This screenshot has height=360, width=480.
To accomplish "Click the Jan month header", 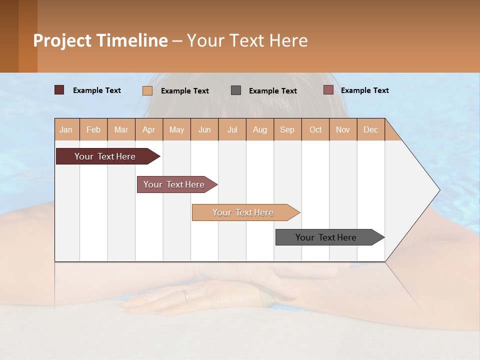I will point(66,129).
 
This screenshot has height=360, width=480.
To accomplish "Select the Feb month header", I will point(93,129).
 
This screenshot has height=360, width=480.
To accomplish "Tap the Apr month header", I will point(148,129).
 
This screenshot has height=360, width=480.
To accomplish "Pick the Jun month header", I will point(204,129).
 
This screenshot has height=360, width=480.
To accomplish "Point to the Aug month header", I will point(259,129).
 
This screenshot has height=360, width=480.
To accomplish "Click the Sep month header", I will point(287,129).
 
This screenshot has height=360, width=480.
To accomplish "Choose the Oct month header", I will point(315,129).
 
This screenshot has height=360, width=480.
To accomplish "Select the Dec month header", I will point(370,129).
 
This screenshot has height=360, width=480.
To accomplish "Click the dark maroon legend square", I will point(59,90).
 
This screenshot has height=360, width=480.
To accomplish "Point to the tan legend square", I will point(147,90).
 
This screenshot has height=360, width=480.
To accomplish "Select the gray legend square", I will point(236,90).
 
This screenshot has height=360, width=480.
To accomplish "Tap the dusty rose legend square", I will point(328,90).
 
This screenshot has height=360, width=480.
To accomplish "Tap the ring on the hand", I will point(186,295).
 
